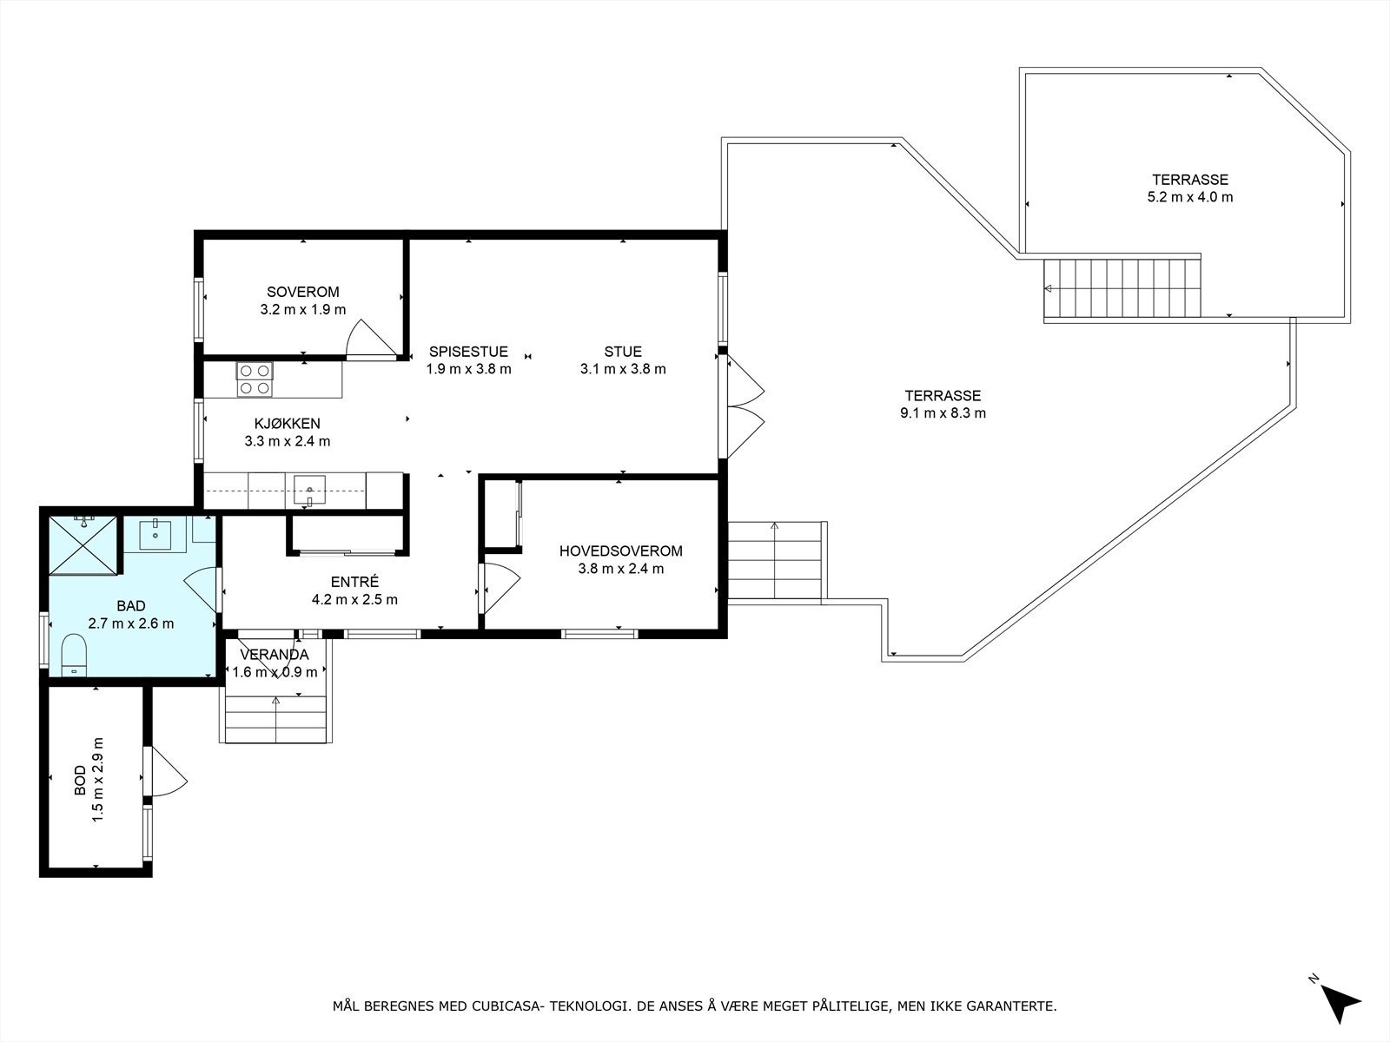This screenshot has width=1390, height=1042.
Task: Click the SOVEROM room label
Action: tap(302, 292)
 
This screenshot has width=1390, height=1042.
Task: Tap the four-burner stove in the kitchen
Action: tap(255, 379)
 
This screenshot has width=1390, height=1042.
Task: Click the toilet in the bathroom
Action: tap(74, 656)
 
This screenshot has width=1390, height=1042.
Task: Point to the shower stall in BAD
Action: tap(83, 545)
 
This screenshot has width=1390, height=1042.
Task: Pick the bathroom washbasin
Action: tap(155, 535)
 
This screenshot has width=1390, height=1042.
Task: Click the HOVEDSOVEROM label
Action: tap(620, 551)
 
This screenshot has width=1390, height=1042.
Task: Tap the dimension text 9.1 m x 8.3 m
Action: tap(943, 413)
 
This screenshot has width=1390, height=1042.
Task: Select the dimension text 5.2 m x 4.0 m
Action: tap(1190, 197)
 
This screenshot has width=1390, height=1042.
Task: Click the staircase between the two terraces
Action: tap(1122, 288)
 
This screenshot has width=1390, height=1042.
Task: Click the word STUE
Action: tap(623, 351)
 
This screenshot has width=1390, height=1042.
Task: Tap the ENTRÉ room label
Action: tap(354, 582)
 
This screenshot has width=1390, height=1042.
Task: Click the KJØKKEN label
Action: tap(288, 423)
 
